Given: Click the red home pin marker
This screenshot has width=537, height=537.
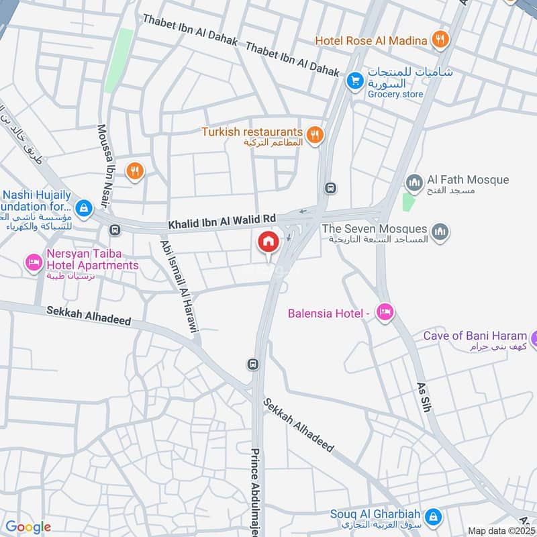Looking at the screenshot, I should (268, 242).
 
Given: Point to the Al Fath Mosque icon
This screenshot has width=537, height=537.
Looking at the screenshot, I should (414, 182).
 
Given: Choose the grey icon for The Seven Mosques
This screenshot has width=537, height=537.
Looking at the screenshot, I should (440, 232).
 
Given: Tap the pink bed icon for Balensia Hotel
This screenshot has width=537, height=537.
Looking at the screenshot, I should (384, 312).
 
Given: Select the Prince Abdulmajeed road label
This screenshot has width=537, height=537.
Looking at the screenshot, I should (255, 490).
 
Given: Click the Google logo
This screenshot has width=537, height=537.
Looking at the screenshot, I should (28, 527).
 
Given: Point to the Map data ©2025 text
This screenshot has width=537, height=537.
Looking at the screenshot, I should (499, 530).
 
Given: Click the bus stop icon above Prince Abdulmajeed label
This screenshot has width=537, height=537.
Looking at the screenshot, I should (253, 364).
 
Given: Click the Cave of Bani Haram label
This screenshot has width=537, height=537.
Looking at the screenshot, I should (475, 336).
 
